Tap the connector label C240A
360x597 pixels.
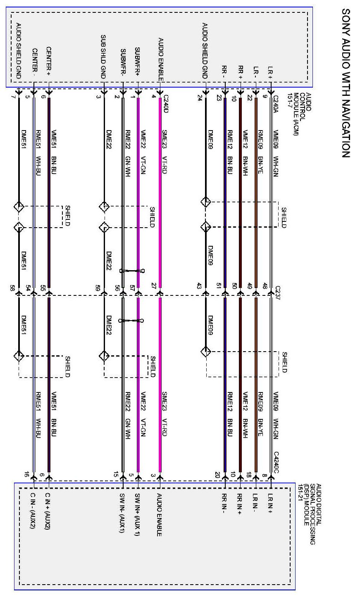click(x=276, y=102)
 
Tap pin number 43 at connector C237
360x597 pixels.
click(x=200, y=286)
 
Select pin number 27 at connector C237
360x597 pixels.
click(x=154, y=286)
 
